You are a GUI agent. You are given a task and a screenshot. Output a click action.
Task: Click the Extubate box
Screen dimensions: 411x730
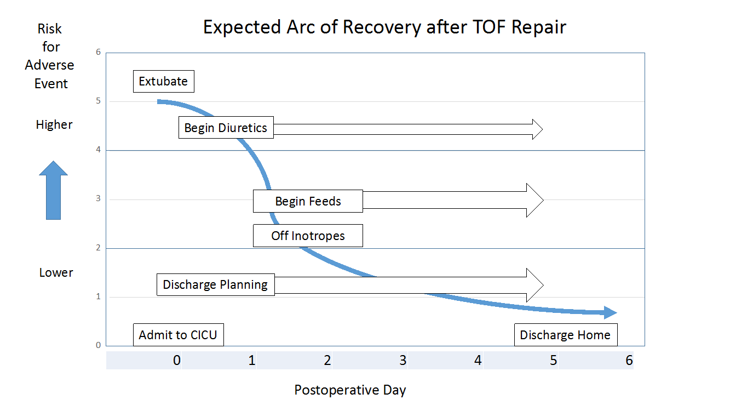(x=163, y=82)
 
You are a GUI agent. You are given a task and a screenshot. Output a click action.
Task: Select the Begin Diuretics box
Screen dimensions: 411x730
(x=226, y=128)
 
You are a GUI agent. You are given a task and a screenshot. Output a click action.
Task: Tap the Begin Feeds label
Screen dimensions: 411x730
(x=308, y=201)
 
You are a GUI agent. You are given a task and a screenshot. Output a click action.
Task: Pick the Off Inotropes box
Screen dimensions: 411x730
(x=308, y=236)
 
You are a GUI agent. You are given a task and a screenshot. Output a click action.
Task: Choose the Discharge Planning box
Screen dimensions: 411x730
(x=215, y=285)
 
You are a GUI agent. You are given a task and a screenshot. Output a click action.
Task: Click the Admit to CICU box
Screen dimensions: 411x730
(x=179, y=335)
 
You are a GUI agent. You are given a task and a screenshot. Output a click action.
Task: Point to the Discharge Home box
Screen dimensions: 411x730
(x=565, y=335)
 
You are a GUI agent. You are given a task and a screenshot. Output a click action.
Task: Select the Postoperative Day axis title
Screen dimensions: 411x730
(x=350, y=390)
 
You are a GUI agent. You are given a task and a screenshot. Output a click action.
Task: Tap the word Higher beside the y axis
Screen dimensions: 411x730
(x=54, y=125)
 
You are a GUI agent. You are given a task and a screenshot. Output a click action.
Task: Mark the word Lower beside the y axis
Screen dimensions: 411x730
(x=56, y=273)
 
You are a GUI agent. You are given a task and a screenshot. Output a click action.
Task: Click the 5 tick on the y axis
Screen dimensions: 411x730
(x=98, y=101)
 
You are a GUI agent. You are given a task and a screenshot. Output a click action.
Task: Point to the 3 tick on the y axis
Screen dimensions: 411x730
(x=98, y=199)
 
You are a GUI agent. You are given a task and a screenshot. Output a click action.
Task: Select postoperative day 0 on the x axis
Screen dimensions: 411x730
(x=176, y=361)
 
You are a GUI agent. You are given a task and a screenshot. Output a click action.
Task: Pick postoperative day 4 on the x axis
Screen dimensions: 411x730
(x=478, y=361)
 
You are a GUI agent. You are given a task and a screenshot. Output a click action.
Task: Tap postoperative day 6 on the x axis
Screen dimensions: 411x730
(x=629, y=361)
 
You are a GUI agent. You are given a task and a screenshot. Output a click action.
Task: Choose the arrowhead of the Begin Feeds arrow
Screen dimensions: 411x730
(x=534, y=201)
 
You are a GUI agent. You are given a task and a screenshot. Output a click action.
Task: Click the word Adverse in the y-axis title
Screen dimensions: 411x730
(x=49, y=65)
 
